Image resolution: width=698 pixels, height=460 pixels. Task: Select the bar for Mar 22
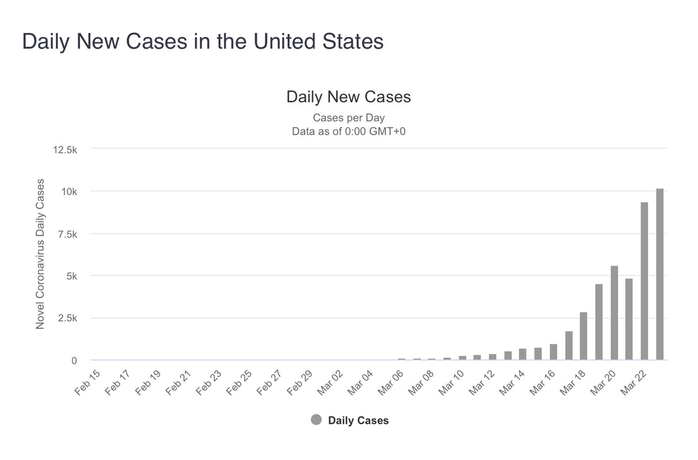coord(645,281)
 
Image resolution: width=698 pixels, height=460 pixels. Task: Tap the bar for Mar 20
coord(614,313)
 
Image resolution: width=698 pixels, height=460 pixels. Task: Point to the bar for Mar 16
coord(553,352)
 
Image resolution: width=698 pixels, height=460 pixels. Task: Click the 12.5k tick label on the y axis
coord(64,149)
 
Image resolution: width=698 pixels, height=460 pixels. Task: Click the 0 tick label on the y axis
coord(74,361)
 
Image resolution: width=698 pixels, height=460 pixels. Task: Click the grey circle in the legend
coord(316,420)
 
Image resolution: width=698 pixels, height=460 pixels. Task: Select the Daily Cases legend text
coord(358,420)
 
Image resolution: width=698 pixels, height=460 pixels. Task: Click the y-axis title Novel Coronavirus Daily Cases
coord(40,254)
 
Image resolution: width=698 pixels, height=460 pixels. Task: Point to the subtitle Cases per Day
coord(349,118)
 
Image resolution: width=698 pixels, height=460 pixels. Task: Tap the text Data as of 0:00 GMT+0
coord(349,131)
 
